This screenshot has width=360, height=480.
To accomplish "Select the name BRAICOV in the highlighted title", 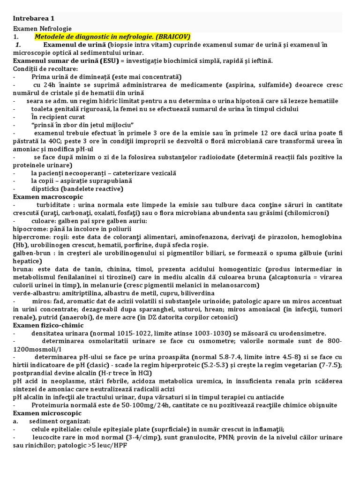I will (172, 37).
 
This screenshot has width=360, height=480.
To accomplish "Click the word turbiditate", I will (55, 205).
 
